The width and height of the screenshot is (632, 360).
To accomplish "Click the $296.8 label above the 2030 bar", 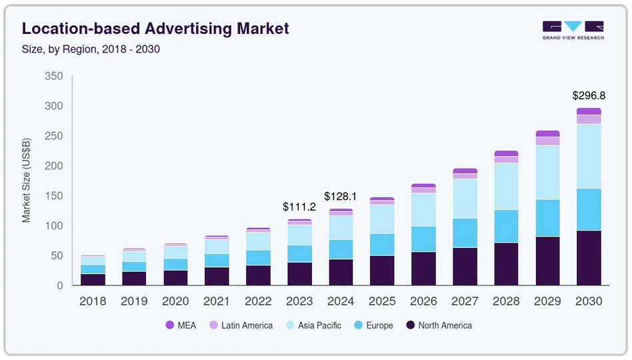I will (589, 95).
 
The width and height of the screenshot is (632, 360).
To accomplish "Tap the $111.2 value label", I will (299, 207).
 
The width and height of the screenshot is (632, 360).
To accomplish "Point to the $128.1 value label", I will (341, 197).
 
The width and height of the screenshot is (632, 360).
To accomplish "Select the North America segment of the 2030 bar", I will (589, 258).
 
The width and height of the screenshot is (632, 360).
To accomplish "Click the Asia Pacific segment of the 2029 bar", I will (547, 172).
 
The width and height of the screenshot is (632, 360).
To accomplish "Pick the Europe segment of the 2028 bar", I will (506, 226).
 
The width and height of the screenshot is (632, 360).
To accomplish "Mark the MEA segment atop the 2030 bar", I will (589, 111).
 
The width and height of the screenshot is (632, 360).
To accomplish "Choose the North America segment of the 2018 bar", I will (93, 279).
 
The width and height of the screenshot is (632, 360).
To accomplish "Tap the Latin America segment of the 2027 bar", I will (465, 176).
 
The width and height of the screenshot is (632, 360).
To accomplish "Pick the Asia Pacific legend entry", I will (314, 325).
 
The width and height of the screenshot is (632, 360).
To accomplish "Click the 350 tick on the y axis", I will (53, 77).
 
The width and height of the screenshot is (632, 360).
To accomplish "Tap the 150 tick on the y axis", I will (53, 196).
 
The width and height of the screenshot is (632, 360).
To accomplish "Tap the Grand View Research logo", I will (573, 30).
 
